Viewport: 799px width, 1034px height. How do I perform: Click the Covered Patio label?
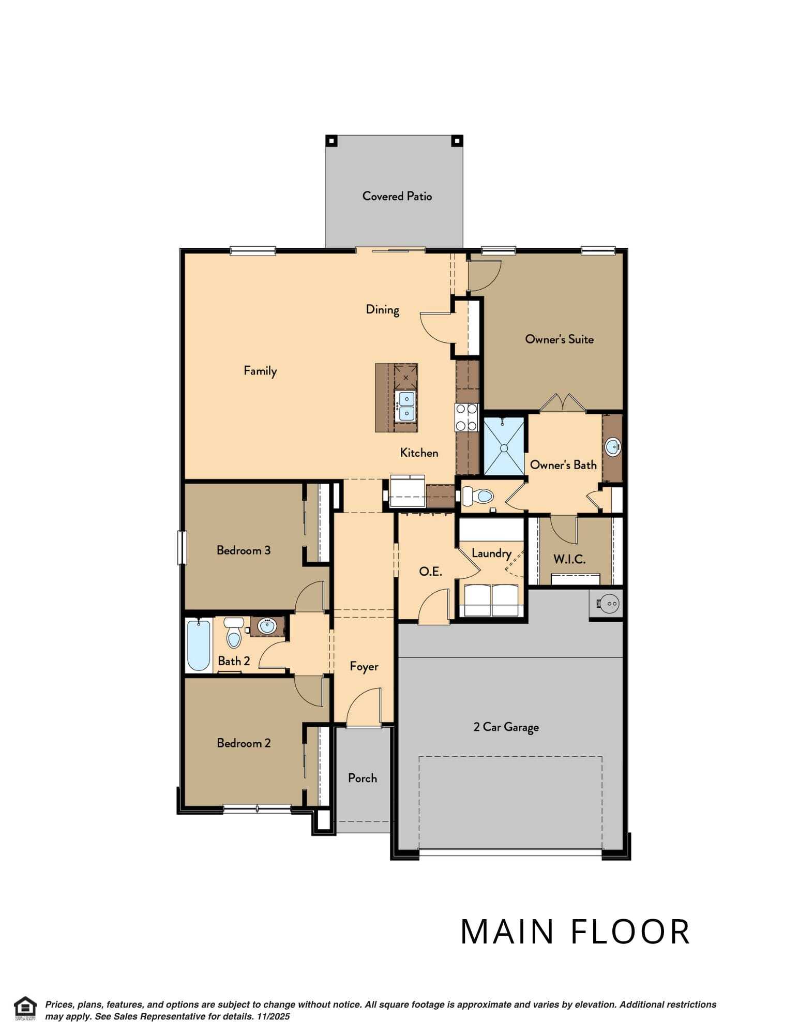[397, 196]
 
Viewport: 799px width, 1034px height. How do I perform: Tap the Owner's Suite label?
[559, 339]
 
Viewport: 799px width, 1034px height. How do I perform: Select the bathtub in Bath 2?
[198, 646]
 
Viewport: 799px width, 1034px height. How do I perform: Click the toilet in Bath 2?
[234, 633]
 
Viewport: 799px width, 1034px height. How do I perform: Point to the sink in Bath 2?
[267, 626]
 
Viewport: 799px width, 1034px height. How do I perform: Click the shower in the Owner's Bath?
[503, 446]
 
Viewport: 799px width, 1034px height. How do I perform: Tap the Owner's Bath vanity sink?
[613, 446]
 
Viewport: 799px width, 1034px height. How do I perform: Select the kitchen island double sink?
[406, 406]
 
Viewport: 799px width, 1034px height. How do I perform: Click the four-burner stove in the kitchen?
[467, 417]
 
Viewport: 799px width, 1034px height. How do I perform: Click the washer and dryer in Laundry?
[491, 600]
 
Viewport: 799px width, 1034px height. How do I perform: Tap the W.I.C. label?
[569, 559]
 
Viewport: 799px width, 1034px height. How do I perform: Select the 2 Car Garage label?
[506, 727]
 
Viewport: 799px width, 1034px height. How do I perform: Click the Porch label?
[362, 778]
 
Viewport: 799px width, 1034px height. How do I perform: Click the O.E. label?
[430, 572]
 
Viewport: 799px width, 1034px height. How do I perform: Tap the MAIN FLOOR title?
[575, 932]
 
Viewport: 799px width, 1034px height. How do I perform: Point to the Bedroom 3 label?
[243, 550]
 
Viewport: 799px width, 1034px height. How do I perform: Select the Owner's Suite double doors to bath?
[563, 403]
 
